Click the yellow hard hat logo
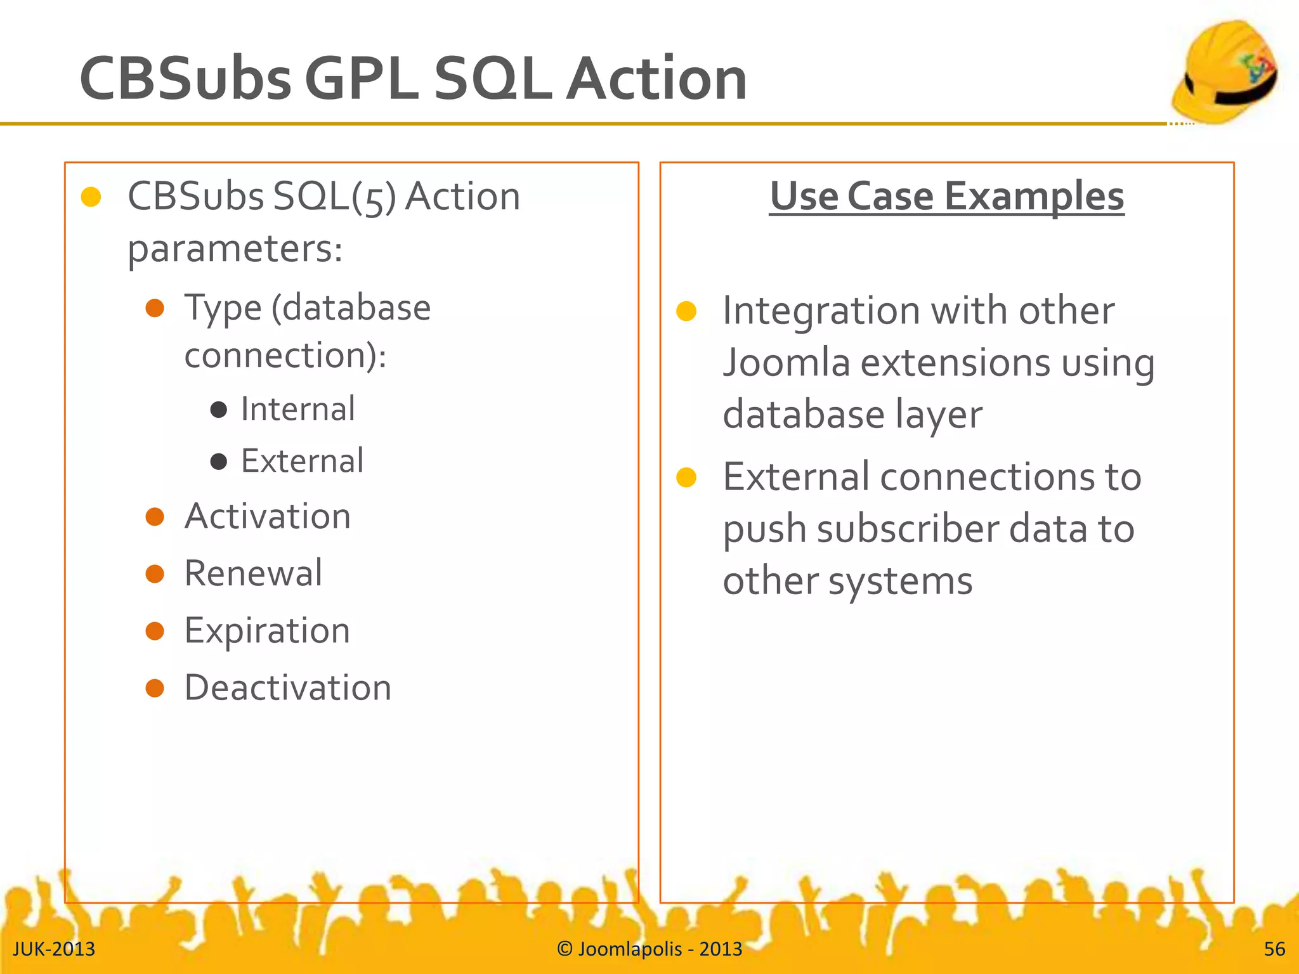click(1224, 73)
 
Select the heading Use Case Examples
click(946, 196)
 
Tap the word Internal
click(297, 409)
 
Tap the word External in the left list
click(302, 461)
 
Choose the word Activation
click(267, 516)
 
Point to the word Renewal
click(253, 573)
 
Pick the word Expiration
click(267, 631)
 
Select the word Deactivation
click(288, 688)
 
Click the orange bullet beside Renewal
click(155, 574)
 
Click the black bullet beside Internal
click(219, 410)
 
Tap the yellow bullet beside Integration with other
click(686, 311)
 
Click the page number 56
click(1274, 949)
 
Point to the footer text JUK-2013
click(54, 949)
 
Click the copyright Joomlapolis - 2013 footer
click(649, 949)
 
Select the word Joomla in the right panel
click(786, 363)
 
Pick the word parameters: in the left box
click(235, 249)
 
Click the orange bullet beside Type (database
click(155, 309)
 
